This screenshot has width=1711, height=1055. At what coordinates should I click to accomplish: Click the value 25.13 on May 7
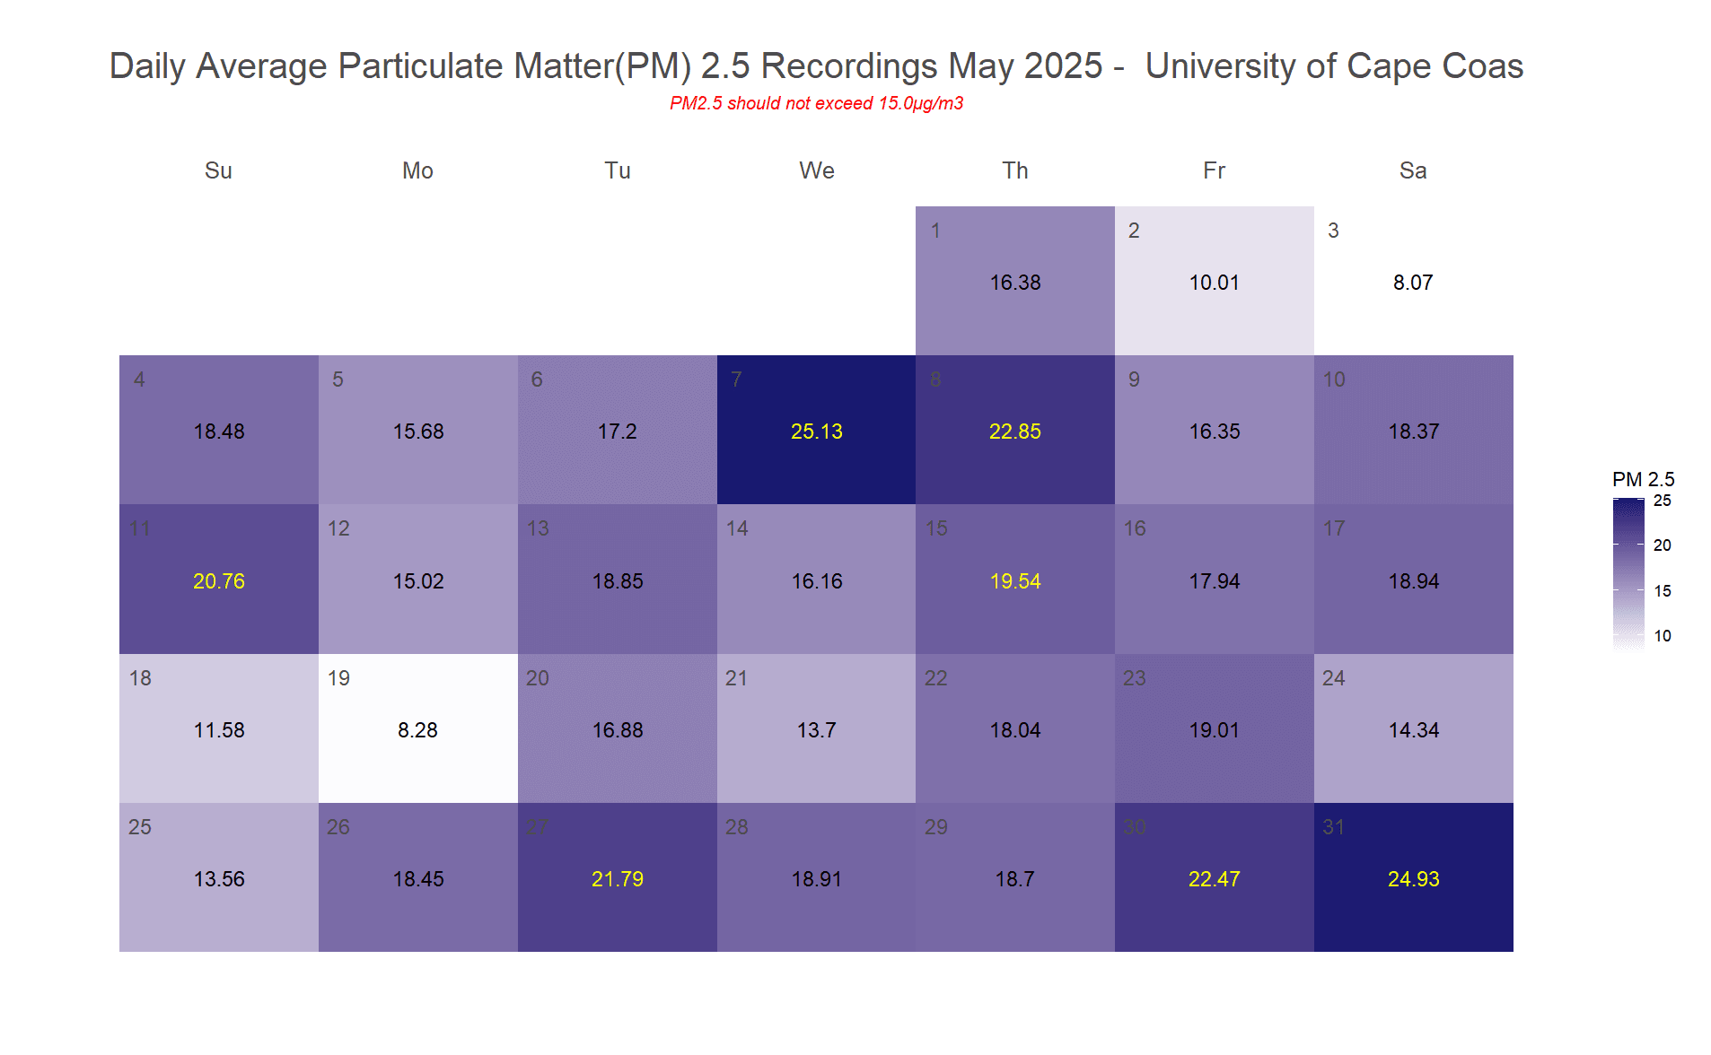[816, 432]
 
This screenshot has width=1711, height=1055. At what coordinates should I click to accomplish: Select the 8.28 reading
[417, 730]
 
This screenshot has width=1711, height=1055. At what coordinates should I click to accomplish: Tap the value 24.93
[1413, 879]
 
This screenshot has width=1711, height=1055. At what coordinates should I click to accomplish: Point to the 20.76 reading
[218, 581]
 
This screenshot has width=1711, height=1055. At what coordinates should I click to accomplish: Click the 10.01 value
[1214, 283]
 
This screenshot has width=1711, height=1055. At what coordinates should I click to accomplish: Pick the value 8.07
[1412, 283]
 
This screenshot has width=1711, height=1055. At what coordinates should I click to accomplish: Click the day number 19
[338, 678]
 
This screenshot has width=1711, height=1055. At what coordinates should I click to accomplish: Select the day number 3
[1333, 231]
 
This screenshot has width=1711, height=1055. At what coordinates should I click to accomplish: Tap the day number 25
[139, 827]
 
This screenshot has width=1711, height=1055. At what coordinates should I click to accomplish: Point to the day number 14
[736, 528]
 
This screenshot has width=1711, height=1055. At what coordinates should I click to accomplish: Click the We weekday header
[816, 170]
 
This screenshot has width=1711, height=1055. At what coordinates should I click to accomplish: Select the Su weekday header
[218, 170]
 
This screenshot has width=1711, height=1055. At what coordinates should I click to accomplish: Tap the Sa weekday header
[1412, 170]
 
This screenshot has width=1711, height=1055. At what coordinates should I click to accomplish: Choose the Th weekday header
[1015, 170]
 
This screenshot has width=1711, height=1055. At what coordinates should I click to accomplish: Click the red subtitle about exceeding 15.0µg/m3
[816, 103]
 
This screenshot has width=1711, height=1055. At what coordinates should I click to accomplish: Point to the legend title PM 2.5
[1643, 479]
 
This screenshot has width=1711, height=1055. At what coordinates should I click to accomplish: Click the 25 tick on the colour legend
[1662, 501]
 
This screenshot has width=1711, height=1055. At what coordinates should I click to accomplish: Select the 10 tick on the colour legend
[1662, 636]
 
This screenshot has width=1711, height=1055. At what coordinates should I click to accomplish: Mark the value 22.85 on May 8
[1014, 432]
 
